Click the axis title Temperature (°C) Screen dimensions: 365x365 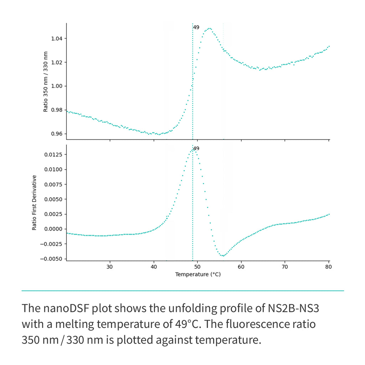[197, 274]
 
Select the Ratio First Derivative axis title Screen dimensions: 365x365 [35, 202]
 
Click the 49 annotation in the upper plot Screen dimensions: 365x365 [196, 27]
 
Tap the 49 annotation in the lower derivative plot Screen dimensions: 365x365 [196, 148]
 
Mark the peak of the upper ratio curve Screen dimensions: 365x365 [209, 28]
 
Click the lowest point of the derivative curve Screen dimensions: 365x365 [223, 256]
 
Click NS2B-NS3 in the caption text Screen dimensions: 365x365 [293, 309]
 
